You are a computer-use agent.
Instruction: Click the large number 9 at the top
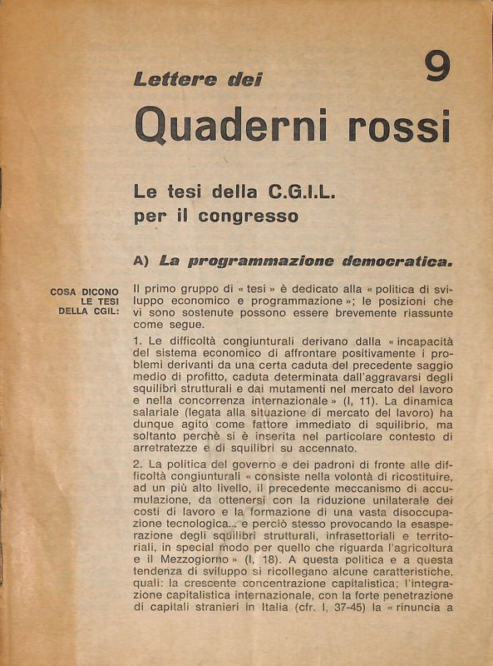click(437, 67)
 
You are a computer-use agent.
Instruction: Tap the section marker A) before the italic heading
click(141, 261)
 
